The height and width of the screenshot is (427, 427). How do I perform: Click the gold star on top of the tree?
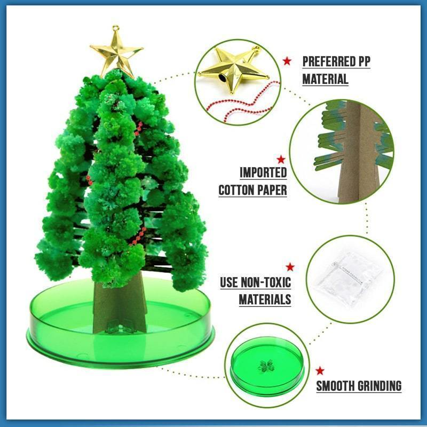(116, 52)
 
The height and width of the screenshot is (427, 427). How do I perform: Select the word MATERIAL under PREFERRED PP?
(325, 80)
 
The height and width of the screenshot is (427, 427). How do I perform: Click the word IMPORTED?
(263, 172)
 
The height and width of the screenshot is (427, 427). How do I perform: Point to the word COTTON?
(237, 190)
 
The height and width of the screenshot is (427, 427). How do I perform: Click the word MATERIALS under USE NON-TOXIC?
(265, 299)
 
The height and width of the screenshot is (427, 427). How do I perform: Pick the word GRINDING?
(381, 386)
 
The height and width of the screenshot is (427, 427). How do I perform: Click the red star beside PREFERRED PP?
(287, 61)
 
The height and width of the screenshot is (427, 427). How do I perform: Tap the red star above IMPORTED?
(281, 159)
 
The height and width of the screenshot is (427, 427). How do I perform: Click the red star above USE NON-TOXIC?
(290, 267)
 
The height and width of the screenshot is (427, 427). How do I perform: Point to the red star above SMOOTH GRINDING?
(320, 370)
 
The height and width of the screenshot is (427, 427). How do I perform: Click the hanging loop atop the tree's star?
(114, 29)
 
